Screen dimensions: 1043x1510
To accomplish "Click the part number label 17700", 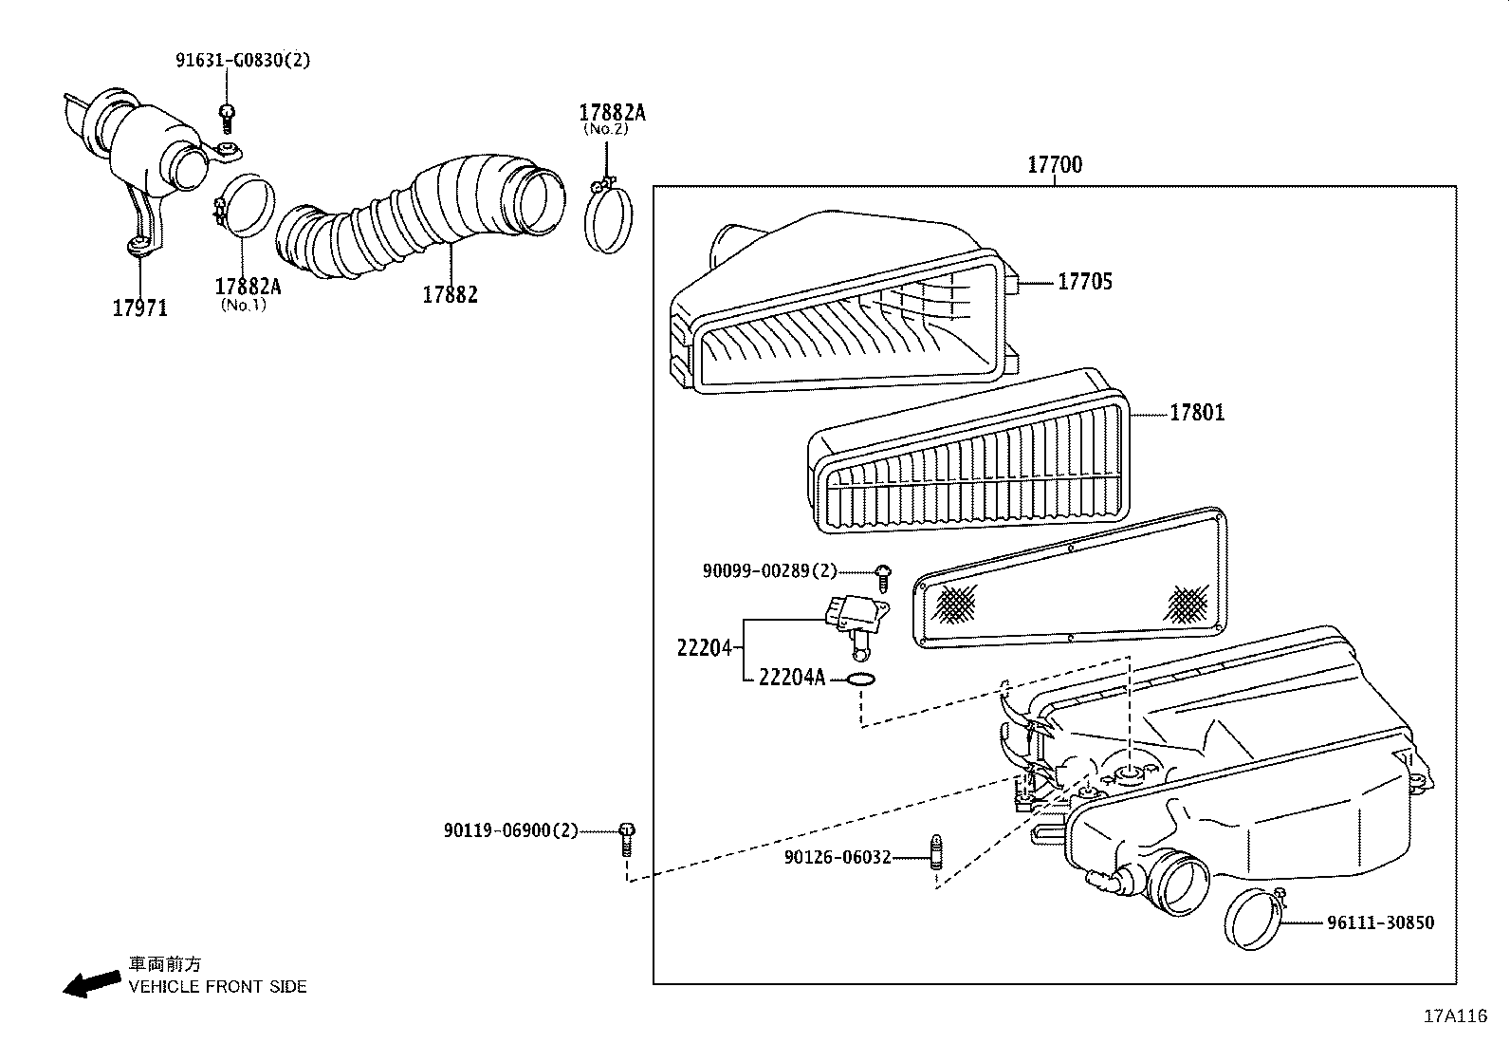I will point(1054,165).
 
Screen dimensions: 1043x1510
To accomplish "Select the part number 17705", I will point(1085,282).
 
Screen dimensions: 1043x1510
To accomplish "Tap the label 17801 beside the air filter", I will point(1196,413).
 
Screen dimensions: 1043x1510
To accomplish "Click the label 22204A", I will point(792,678).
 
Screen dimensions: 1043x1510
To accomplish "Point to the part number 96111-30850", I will point(1380,922).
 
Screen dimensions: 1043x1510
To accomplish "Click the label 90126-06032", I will point(838,857).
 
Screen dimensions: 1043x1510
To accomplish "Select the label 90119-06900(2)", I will point(510,830).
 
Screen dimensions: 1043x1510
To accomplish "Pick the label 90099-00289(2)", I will point(770,570).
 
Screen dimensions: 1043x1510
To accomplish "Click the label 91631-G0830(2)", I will point(243,60).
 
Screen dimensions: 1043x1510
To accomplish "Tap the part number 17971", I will point(139,307).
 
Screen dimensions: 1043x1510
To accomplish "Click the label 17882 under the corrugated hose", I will point(450,294).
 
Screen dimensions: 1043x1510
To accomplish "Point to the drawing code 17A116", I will point(1454,1016).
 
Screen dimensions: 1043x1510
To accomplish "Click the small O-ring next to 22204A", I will point(860,680).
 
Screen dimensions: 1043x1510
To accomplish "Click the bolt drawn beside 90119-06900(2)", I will point(626,839).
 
